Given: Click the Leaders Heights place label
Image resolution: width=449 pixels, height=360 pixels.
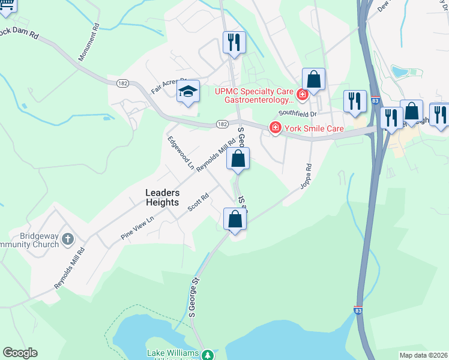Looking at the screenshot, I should click(x=162, y=197).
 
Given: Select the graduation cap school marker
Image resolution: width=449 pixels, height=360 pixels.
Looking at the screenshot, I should click(x=188, y=92).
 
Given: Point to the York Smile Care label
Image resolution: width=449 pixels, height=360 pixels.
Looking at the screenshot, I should click(x=313, y=128).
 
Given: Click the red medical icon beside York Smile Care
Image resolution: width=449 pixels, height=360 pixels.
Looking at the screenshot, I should click(x=275, y=128).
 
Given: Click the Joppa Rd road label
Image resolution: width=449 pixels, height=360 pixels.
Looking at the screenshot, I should click(x=306, y=176).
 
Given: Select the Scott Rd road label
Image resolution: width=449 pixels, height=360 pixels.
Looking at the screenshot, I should click(x=197, y=202).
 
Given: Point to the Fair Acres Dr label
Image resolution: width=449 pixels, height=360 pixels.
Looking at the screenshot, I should click(x=169, y=86).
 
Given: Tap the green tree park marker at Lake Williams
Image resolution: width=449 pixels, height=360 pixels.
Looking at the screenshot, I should click(x=208, y=355).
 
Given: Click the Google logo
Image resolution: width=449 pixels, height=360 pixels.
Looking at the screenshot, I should click(x=20, y=353).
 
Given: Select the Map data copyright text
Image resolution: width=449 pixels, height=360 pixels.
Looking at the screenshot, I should click(x=423, y=355).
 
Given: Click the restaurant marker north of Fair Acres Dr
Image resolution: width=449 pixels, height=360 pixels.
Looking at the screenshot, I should click(x=234, y=42).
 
